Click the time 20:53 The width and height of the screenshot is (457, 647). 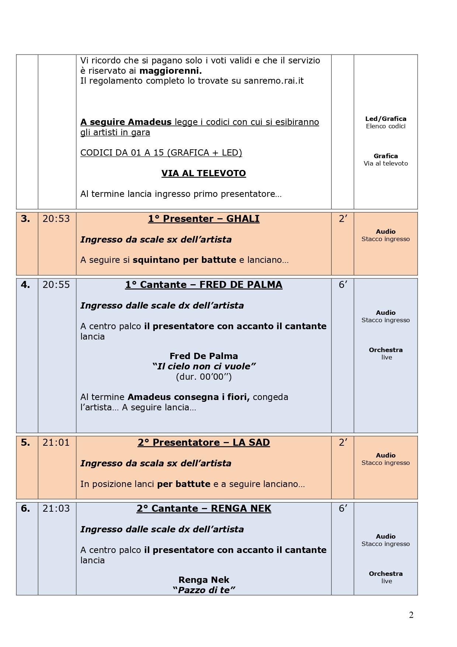point(56,219)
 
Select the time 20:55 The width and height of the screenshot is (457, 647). point(56,285)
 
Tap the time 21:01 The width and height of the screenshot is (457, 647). point(56,442)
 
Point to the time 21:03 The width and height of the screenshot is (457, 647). point(56,508)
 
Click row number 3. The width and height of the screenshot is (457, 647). point(25,219)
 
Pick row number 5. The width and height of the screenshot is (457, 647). point(25,442)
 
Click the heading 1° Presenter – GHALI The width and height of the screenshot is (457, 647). point(203,219)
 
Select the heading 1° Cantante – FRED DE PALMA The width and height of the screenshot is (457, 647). point(203,285)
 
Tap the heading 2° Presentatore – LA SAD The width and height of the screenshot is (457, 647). point(203,442)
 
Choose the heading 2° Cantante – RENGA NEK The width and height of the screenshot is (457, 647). point(203,508)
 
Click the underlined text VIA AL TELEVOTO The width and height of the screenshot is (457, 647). point(203,173)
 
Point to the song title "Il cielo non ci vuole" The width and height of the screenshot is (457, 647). point(203,366)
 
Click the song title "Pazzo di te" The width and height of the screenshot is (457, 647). point(203,590)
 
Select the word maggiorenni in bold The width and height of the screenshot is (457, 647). point(171,70)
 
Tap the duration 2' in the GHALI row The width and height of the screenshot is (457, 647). point(343,219)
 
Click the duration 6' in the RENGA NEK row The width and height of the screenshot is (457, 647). point(343,508)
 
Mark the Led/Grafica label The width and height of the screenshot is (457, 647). point(386,119)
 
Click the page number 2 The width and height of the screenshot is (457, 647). point(411,615)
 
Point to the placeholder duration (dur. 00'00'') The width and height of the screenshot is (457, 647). point(203,376)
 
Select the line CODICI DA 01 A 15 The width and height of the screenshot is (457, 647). point(161,153)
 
